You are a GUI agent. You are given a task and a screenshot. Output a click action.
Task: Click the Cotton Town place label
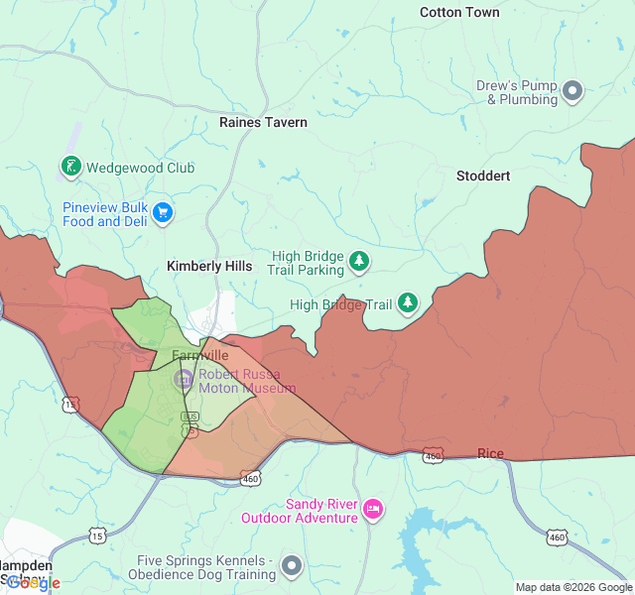[459, 13]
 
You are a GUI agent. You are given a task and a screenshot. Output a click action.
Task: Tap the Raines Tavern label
[263, 122]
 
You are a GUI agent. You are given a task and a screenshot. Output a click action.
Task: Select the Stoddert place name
[483, 176]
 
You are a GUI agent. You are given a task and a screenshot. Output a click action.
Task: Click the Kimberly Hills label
[209, 266]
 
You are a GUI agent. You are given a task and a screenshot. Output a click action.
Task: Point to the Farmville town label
[199, 355]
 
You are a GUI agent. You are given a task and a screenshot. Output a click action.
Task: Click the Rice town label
[490, 454]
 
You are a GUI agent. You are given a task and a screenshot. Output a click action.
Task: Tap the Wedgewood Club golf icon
[71, 168]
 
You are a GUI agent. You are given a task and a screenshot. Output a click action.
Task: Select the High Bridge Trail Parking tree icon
[359, 262]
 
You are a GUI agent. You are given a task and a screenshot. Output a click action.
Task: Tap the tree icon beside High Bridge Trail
[408, 303]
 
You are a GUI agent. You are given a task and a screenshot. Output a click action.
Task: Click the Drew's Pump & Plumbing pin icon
[572, 92]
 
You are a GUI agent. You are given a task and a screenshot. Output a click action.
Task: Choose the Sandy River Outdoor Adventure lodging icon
[373, 510]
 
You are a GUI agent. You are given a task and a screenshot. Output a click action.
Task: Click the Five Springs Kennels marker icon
[292, 566]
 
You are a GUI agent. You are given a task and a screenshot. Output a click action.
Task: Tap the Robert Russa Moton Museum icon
[184, 379]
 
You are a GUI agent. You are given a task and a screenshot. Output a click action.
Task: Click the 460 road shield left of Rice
[433, 455]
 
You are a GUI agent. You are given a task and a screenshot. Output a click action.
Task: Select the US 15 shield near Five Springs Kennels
[97, 536]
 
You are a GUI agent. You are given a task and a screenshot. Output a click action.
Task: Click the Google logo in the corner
[33, 583]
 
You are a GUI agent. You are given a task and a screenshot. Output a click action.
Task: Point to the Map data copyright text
[572, 587]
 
